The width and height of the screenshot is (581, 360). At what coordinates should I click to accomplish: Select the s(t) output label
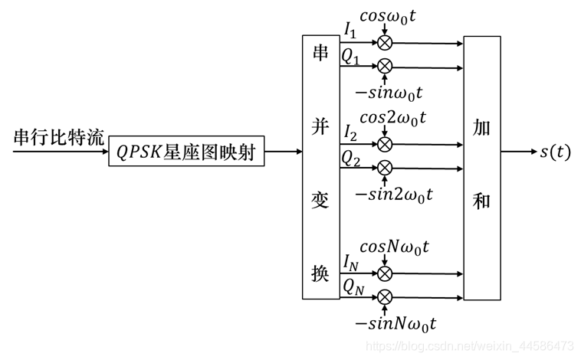(x=555, y=152)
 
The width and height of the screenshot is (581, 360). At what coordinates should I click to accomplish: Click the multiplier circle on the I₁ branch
(x=384, y=42)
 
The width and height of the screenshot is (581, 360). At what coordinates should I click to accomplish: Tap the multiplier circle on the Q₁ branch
(x=384, y=66)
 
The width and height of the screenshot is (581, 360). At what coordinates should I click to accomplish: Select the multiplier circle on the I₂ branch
(x=384, y=143)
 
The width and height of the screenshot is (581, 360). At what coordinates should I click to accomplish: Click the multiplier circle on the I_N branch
(x=384, y=272)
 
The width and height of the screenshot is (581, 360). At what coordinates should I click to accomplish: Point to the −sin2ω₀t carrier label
(x=393, y=194)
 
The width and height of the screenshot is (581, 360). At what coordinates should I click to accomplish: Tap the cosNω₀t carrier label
(x=395, y=247)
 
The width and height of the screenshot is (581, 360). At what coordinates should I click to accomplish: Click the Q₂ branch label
(x=351, y=159)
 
